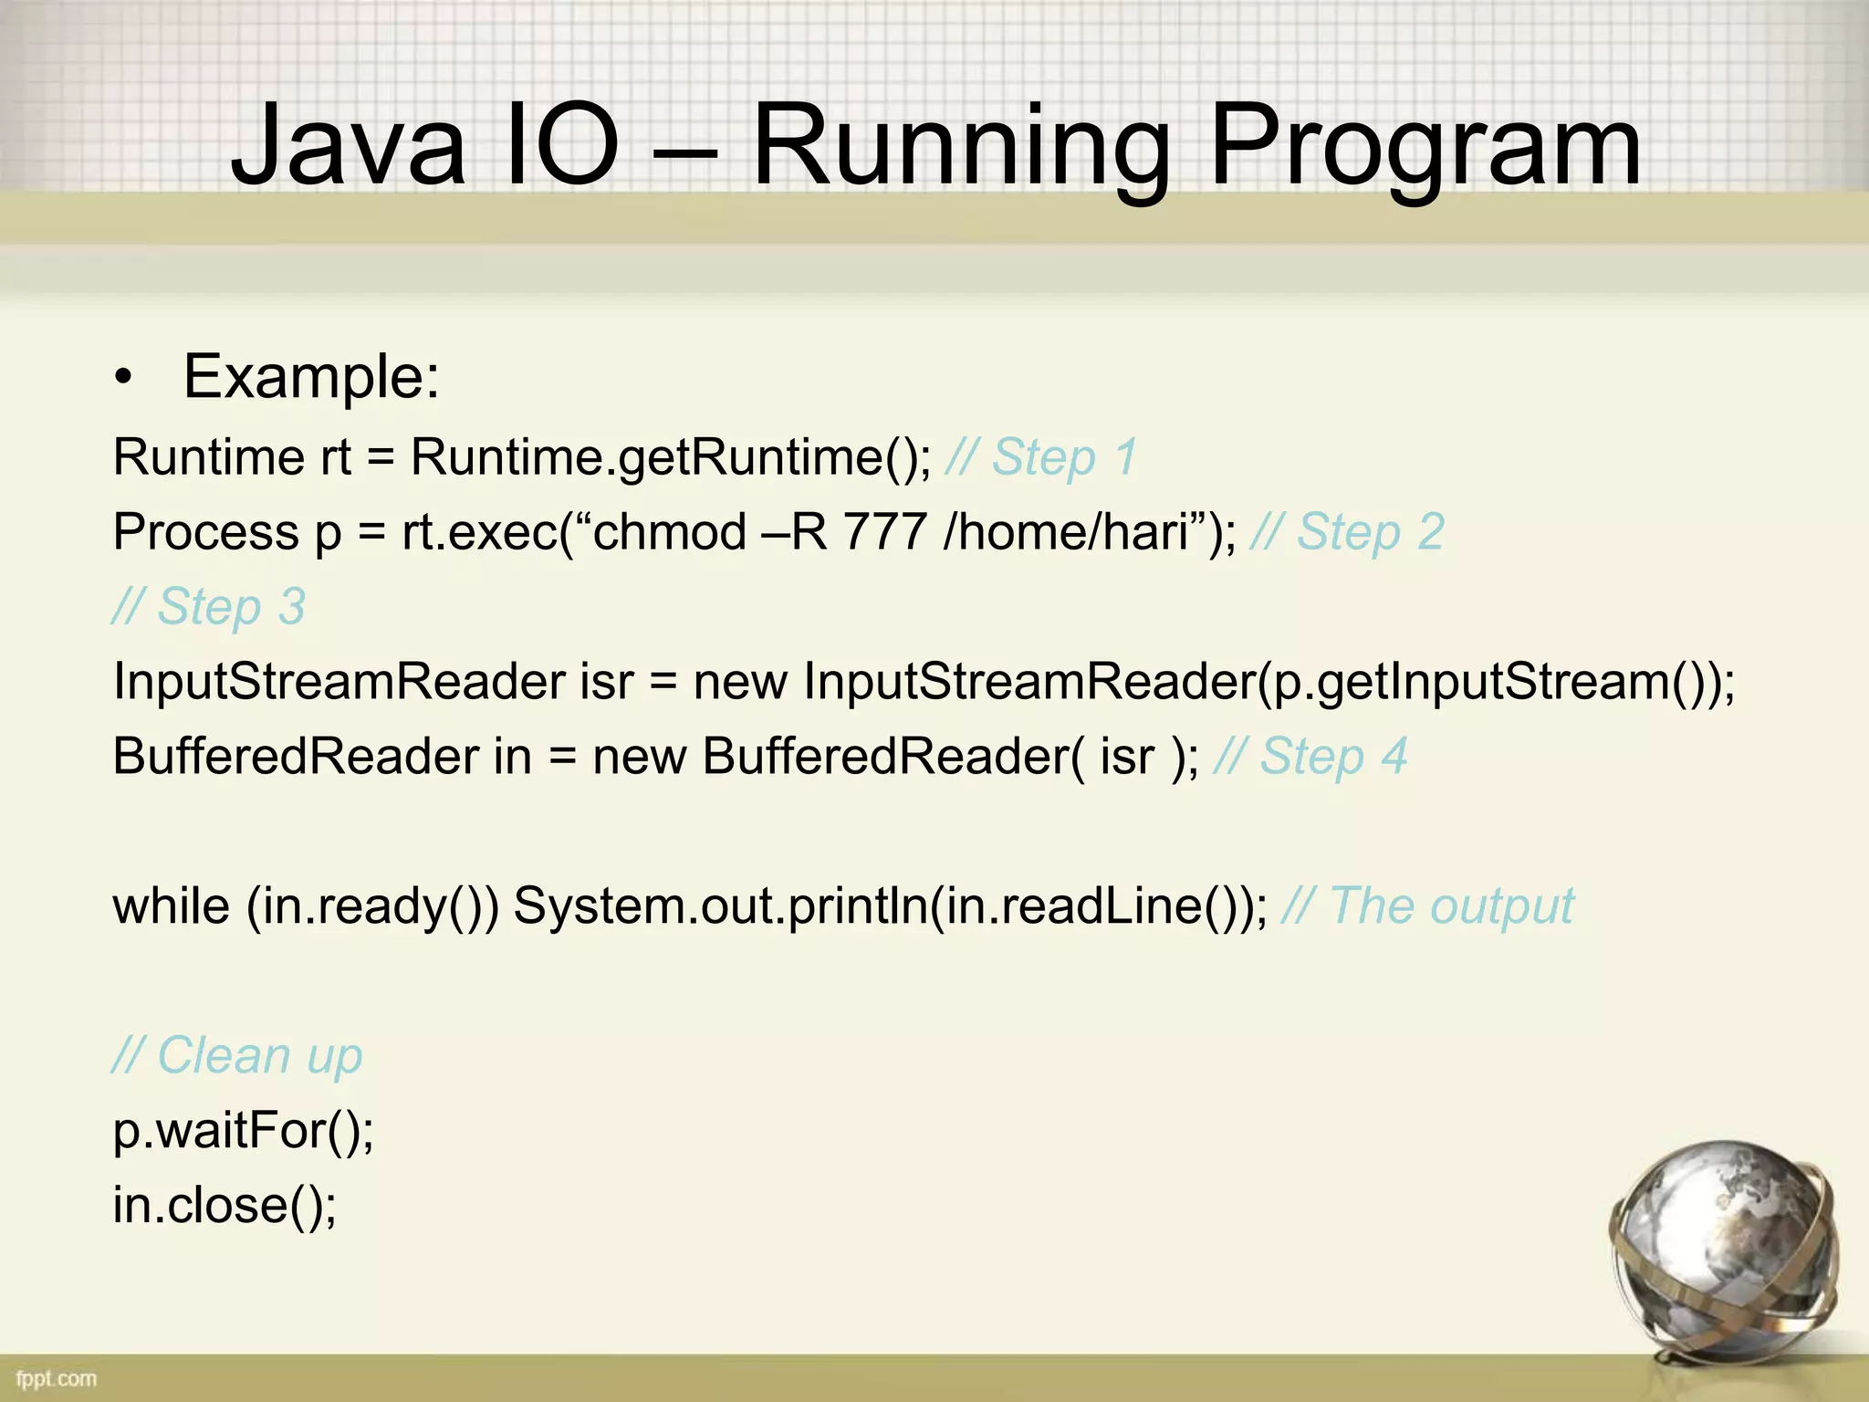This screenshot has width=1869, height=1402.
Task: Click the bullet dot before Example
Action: click(x=124, y=378)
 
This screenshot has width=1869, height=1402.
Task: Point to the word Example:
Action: click(x=311, y=377)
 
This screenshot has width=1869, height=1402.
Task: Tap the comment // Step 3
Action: click(x=209, y=606)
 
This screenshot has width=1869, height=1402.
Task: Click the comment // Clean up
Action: click(x=237, y=1056)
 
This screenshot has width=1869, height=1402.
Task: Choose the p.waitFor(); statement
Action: click(x=243, y=1131)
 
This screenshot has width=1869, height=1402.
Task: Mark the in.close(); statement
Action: click(x=224, y=1205)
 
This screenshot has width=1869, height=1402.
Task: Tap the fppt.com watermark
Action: click(x=56, y=1378)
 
